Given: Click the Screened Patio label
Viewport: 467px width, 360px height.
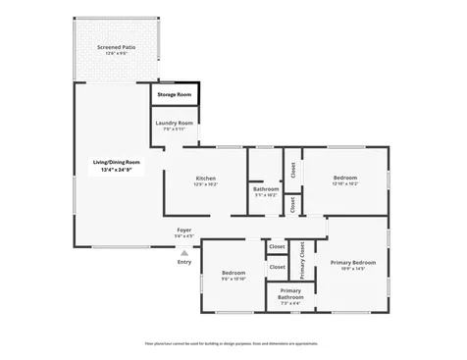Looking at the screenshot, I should pyautogui.click(x=117, y=46).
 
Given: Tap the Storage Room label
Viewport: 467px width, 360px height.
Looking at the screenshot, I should pyautogui.click(x=176, y=94).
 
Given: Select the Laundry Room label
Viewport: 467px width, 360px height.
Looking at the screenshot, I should pyautogui.click(x=175, y=123).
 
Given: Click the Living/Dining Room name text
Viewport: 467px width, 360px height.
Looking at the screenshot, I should pyautogui.click(x=117, y=162).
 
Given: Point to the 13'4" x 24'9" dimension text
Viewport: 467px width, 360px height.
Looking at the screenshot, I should pyautogui.click(x=117, y=170).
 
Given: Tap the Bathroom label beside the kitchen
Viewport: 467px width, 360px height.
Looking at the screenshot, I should pyautogui.click(x=266, y=188).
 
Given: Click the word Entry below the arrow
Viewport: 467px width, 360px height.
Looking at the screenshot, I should pyautogui.click(x=184, y=262).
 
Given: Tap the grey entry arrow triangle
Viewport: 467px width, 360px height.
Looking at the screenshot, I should pyautogui.click(x=184, y=252).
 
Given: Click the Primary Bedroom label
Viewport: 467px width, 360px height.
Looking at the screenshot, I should pyautogui.click(x=354, y=262).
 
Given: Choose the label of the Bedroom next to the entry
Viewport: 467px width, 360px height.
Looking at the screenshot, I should pyautogui.click(x=233, y=273).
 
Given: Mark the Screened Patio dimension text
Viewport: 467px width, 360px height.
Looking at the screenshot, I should pyautogui.click(x=117, y=53).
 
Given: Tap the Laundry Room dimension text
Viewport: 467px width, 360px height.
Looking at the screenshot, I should pyautogui.click(x=175, y=129).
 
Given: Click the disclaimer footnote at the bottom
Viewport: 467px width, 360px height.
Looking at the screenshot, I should pyautogui.click(x=232, y=343).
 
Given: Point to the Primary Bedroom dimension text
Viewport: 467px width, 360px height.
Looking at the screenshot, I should pyautogui.click(x=354, y=269).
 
